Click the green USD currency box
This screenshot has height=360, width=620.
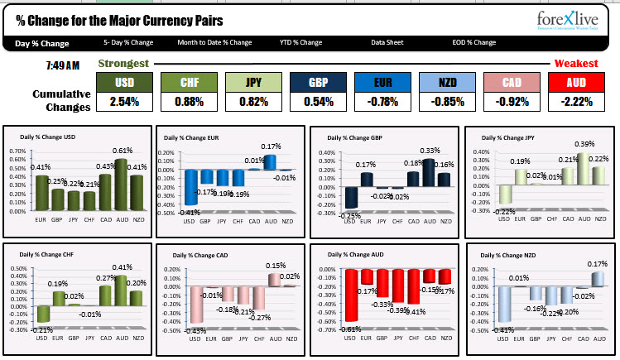(x=124, y=82)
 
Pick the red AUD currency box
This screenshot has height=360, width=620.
(x=576, y=82)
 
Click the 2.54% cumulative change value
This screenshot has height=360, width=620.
(x=124, y=102)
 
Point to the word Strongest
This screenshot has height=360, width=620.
(x=123, y=64)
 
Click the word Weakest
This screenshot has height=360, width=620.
(x=575, y=64)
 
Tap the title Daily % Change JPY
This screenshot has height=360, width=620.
(x=508, y=137)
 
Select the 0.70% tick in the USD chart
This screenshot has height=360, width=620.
(x=17, y=152)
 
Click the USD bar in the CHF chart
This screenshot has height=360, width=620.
(x=43, y=314)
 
